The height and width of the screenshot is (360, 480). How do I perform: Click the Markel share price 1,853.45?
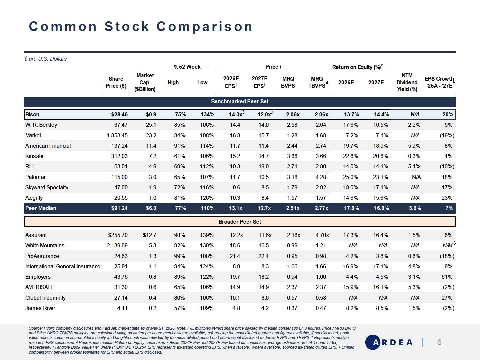pyautogui.click(x=117, y=136)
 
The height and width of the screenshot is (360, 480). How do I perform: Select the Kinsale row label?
pyautogui.click(x=34, y=156)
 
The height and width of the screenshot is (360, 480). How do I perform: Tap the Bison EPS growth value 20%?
pyautogui.click(x=448, y=115)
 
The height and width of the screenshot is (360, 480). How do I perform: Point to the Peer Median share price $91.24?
pyautogui.click(x=119, y=208)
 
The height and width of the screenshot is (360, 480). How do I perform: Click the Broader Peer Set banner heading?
pyautogui.click(x=240, y=222)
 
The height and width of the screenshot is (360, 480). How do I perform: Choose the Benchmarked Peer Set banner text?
pyautogui.click(x=240, y=101)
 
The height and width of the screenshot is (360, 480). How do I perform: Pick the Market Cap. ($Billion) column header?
pyautogui.click(x=145, y=82)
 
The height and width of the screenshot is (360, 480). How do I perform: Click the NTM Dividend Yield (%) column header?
pyautogui.click(x=407, y=82)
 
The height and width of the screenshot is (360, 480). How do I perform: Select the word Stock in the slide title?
pyautogui.click(x=127, y=26)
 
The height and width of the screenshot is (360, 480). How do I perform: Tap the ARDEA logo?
pyautogui.click(x=389, y=342)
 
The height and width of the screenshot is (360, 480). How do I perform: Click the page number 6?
pyautogui.click(x=439, y=342)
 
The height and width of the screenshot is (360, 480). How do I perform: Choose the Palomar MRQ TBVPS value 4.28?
pyautogui.click(x=321, y=177)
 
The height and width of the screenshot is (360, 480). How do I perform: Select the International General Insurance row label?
pyautogui.click(x=63, y=266)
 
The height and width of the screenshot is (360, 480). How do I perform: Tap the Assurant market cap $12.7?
pyautogui.click(x=150, y=235)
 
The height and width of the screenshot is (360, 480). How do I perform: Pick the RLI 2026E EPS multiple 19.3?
pyautogui.click(x=235, y=167)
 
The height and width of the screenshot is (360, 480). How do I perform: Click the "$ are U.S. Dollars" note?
pyautogui.click(x=45, y=59)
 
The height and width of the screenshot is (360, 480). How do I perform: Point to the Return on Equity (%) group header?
pyautogui.click(x=357, y=67)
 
